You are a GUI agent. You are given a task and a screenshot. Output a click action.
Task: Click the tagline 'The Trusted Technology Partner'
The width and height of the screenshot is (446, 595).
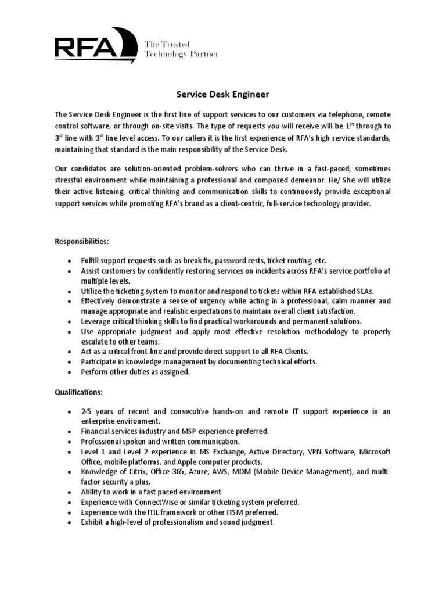tap(181, 49)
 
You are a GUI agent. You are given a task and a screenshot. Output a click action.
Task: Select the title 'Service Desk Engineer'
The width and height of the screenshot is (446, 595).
tap(223, 94)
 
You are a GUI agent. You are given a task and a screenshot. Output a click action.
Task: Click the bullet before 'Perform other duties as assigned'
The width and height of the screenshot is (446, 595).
tap(70, 372)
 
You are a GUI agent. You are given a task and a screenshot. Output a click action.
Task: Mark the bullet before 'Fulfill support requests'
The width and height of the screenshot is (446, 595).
tap(70, 261)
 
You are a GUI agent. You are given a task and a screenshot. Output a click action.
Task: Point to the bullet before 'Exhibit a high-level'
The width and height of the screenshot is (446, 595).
tap(70, 522)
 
